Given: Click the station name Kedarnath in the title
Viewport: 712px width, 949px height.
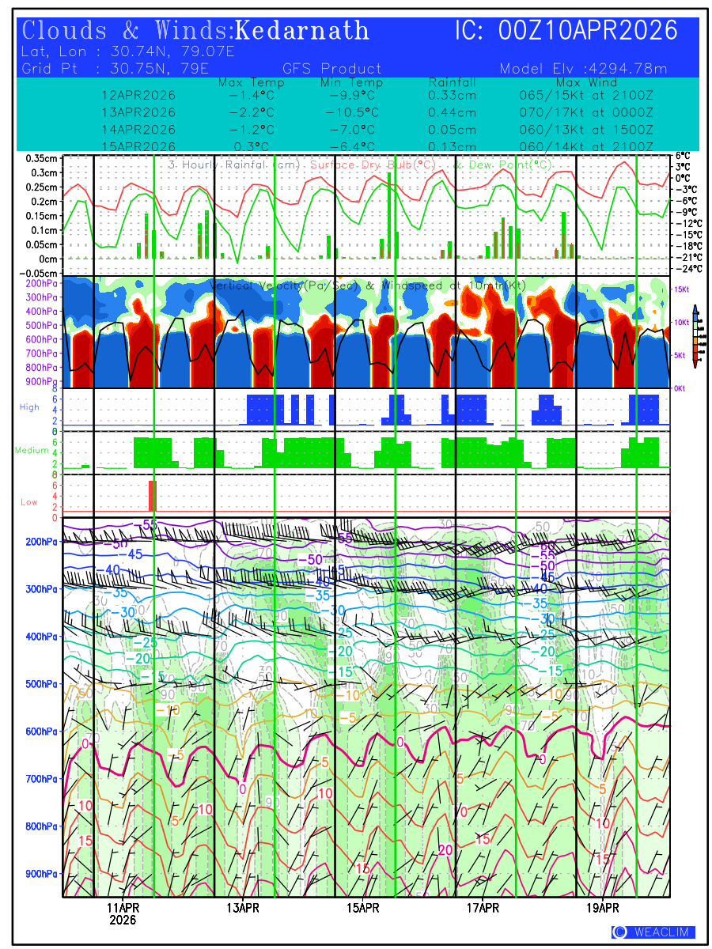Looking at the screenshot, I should [x=303, y=30].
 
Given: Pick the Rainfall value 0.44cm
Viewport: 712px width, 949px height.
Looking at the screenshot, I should [x=452, y=112].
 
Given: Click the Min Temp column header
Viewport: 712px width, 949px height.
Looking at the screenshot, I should [x=351, y=82].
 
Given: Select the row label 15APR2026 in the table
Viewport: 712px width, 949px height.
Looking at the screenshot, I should [x=138, y=147].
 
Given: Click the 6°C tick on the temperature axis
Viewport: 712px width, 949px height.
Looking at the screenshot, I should [x=683, y=157].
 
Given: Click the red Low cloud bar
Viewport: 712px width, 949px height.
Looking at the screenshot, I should [x=153, y=496].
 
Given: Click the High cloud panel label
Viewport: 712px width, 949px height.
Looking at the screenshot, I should [x=29, y=406].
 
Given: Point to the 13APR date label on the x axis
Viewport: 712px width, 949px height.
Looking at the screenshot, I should [x=243, y=908].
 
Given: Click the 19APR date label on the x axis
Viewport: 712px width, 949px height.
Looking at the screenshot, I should [x=603, y=908].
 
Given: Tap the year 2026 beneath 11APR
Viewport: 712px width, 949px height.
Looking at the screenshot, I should [x=123, y=921].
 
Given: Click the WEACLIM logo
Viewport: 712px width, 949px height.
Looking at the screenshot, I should [x=653, y=932].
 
